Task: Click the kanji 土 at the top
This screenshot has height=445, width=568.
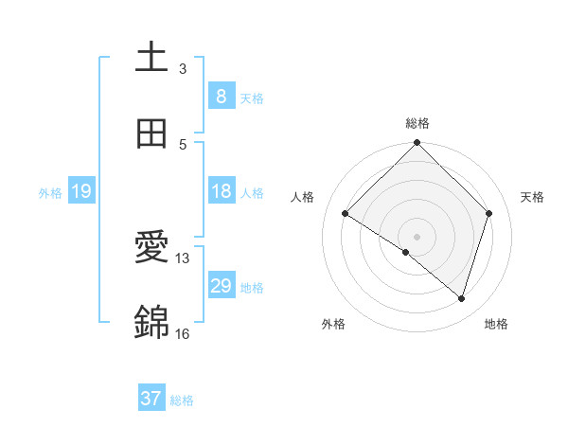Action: coord(151,57)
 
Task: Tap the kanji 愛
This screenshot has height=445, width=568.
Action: coord(151,248)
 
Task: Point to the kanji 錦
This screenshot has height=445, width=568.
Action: coord(151,323)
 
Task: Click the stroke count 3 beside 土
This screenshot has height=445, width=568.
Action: coord(183,68)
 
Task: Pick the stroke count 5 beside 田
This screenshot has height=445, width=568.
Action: coord(183,144)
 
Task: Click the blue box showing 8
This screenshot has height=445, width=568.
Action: coord(221,96)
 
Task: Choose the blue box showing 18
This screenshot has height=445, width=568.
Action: coord(221,191)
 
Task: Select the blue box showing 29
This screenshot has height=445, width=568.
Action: coord(221,286)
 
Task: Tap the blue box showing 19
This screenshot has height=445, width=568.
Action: coord(80,191)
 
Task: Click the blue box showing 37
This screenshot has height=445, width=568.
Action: coord(151,399)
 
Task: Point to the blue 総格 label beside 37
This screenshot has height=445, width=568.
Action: coord(182,400)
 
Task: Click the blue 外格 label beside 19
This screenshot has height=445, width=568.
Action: coord(50,193)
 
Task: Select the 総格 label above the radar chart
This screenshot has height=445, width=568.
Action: coord(417,123)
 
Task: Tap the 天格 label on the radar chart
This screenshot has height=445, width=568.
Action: coord(532,197)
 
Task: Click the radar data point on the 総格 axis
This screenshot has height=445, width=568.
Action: coord(417,144)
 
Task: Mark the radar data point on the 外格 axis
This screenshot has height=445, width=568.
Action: coord(406,252)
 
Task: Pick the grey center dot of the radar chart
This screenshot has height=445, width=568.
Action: coord(417,236)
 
